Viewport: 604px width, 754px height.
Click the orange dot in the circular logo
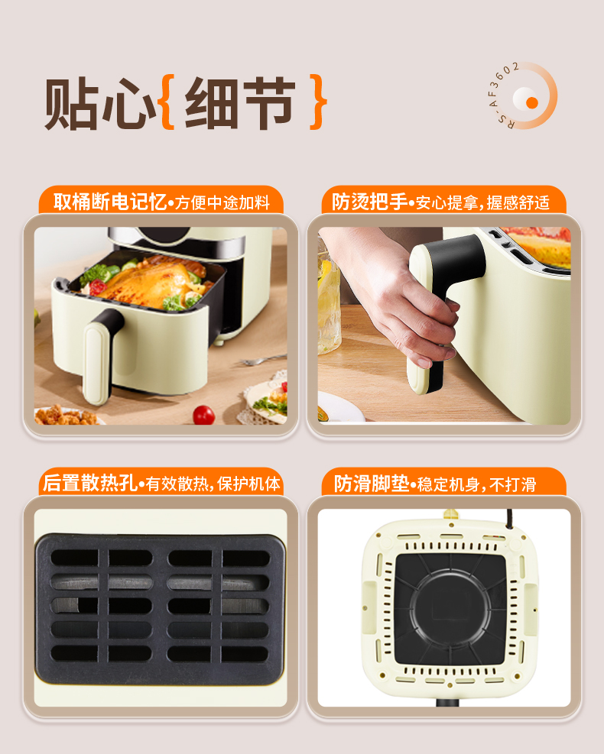(x=532, y=102)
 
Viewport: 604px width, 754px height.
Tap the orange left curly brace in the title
(x=167, y=102)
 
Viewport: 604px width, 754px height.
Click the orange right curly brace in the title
(x=317, y=102)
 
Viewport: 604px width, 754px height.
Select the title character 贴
(x=72, y=103)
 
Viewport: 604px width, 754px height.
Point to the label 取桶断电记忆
(x=110, y=202)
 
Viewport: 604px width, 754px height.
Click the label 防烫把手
(x=369, y=202)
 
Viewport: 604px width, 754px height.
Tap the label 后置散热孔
(x=90, y=483)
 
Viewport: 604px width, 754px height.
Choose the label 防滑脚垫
(x=372, y=484)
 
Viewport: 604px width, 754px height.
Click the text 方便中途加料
(x=222, y=203)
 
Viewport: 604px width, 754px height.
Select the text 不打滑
(x=512, y=484)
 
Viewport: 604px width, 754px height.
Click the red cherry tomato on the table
(x=203, y=415)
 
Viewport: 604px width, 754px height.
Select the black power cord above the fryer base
(x=510, y=519)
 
